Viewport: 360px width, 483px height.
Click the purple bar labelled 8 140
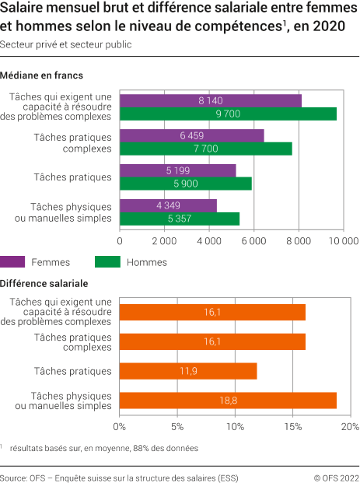[x=211, y=100]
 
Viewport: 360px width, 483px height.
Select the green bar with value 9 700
[x=228, y=114]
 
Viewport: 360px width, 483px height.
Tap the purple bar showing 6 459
[x=192, y=135]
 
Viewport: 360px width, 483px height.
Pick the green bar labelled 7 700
[x=206, y=149]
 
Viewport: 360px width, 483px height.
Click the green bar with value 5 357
[x=180, y=219]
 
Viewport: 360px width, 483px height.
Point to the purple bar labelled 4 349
[x=168, y=205]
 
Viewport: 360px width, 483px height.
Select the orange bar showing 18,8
[x=228, y=401]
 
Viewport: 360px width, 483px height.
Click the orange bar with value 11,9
[x=188, y=371]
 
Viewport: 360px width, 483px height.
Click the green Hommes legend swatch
[x=107, y=262]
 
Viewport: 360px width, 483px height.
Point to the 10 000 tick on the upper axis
[x=342, y=241]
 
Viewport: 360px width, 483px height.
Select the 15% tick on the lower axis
[x=292, y=426]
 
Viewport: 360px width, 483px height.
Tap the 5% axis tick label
[x=177, y=426]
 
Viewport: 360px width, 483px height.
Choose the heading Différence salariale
[x=44, y=283]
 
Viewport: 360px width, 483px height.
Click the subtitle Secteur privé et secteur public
[x=65, y=44]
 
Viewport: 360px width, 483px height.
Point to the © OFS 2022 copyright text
[x=336, y=477]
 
